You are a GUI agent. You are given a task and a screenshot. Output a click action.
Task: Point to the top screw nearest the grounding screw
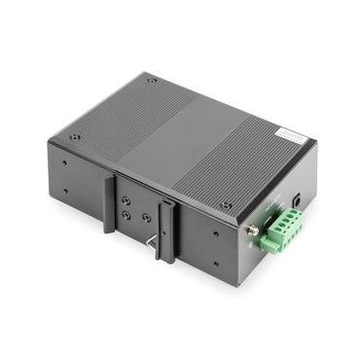[226, 205]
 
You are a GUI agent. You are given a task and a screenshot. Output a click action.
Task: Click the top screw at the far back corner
[153, 81]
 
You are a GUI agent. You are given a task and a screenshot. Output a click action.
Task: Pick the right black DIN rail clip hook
[167, 230]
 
